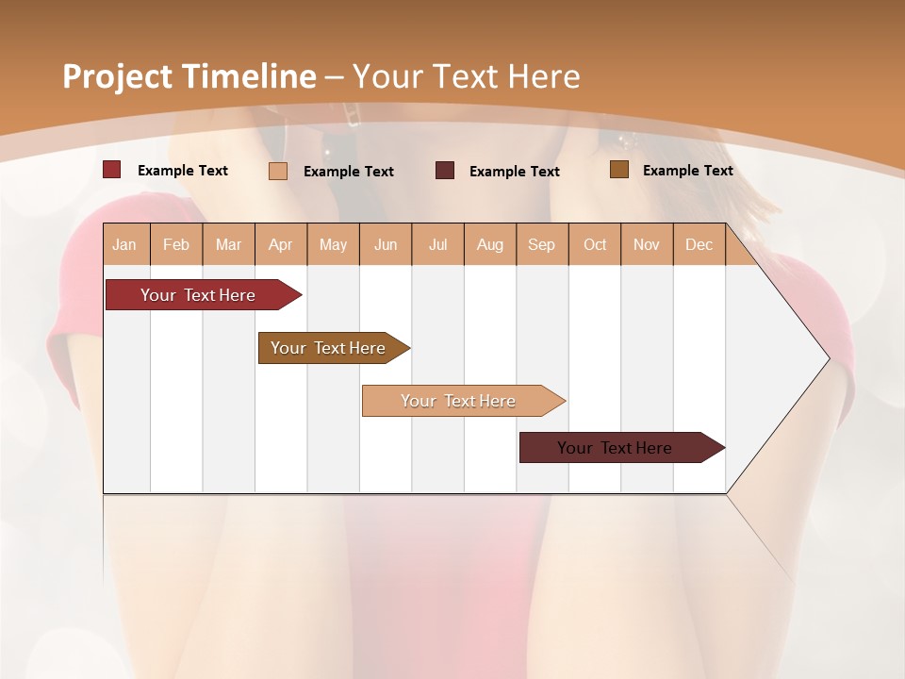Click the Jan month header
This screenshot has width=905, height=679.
coord(124,244)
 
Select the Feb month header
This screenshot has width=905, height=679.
coord(176,244)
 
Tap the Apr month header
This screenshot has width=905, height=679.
coord(280,244)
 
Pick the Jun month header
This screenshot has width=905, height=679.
coord(386,244)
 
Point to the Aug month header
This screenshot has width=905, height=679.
coord(489,244)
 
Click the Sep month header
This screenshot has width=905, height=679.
coord(541,244)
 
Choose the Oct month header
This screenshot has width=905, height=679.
coord(595,244)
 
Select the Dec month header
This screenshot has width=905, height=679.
coord(699,244)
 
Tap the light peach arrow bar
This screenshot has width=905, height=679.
coord(459,401)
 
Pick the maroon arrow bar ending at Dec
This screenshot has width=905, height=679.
coord(616,448)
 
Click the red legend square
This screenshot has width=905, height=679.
coord(111,170)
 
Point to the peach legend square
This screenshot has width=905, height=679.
coord(277,171)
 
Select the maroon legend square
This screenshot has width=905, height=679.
coord(445,171)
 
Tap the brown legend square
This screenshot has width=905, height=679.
coord(618,170)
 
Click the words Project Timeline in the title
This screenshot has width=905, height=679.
coord(189,76)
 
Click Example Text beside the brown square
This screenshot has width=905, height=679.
coord(687,171)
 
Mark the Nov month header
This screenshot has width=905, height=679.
coord(647,244)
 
